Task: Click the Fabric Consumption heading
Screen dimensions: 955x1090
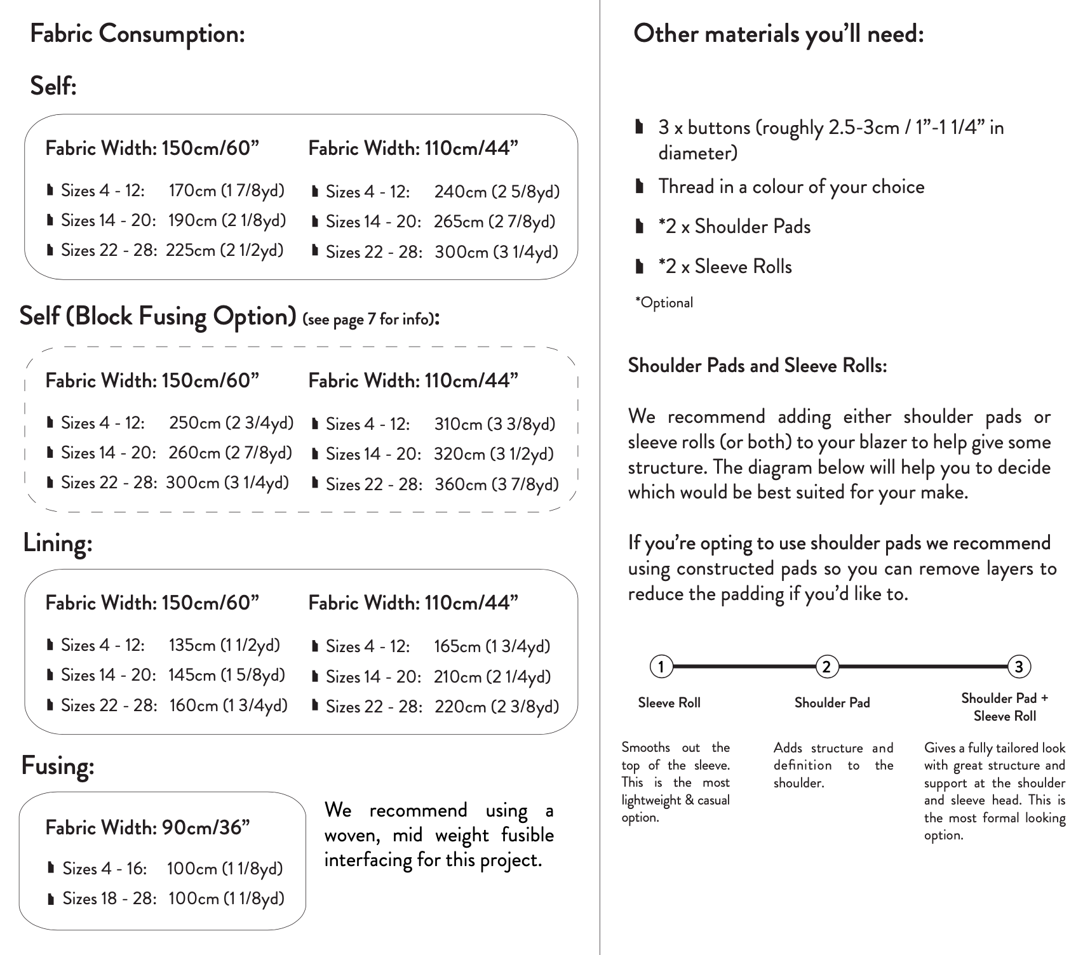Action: [x=137, y=34]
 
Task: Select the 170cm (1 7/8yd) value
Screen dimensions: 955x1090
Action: [x=226, y=190]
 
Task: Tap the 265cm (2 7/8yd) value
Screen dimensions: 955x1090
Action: [x=494, y=222]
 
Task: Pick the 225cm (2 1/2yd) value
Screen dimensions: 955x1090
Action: [x=224, y=250]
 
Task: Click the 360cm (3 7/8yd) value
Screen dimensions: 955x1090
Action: [x=496, y=484]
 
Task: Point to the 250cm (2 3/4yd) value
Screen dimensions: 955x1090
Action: [x=231, y=423]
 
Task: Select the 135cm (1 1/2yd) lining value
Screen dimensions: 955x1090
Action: [x=224, y=645]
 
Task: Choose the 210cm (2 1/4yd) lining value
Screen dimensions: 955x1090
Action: [x=492, y=677]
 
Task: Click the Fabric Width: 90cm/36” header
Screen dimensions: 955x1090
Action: [x=147, y=827]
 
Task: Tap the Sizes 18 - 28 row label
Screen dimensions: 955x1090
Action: [x=109, y=898]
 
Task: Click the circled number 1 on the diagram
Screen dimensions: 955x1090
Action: [x=661, y=667]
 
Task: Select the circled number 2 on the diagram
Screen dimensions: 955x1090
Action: [x=826, y=667]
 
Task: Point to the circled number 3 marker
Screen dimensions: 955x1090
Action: [x=1019, y=667]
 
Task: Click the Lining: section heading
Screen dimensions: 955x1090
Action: [x=58, y=543]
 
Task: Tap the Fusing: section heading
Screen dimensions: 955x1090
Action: [x=58, y=765]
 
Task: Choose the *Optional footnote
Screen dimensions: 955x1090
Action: [x=664, y=303]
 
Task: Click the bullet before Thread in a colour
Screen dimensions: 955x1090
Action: [x=640, y=187]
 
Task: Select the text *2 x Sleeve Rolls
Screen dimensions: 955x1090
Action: [x=725, y=267]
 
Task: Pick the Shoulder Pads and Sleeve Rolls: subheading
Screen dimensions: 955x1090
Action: [x=757, y=366]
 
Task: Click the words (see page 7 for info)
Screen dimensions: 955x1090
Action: [x=368, y=319]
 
